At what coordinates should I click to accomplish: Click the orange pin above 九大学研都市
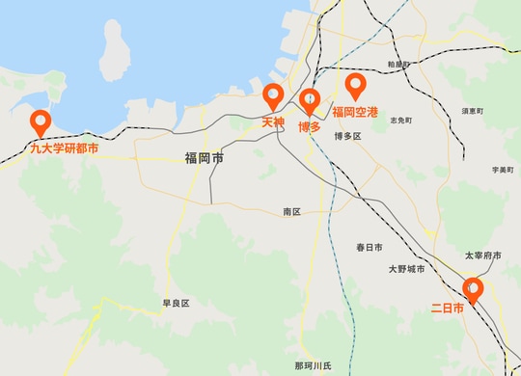41,122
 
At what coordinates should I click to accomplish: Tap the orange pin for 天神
273,96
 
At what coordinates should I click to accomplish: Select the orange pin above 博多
309,100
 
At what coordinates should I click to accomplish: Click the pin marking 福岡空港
356,87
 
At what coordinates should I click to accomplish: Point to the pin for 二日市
472,288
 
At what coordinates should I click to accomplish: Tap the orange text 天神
273,123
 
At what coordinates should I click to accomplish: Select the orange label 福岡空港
356,112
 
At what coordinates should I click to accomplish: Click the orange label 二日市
447,309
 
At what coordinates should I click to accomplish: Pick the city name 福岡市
204,157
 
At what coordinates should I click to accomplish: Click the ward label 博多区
346,136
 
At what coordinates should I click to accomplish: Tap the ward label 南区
292,210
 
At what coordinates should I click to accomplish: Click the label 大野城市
405,269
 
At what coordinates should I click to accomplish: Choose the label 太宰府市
482,255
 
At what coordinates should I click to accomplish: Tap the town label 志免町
400,121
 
